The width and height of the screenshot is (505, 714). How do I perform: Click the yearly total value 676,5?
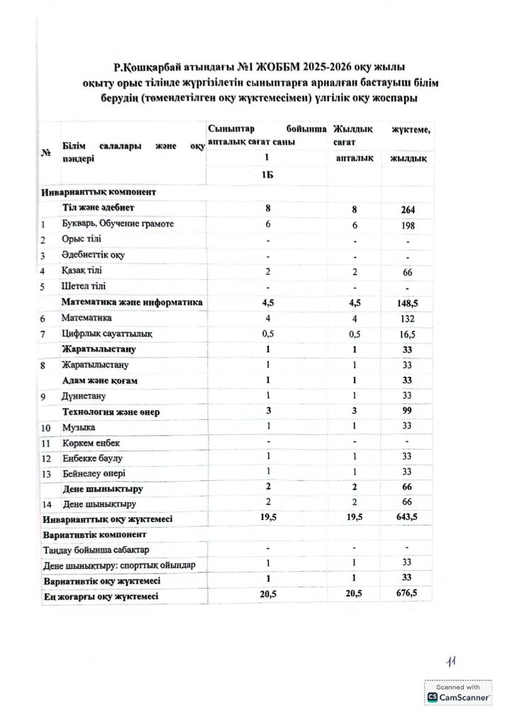pos(407,597)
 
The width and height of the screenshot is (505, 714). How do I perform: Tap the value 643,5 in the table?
pos(407,518)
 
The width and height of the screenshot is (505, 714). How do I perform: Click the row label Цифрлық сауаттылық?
pos(104,334)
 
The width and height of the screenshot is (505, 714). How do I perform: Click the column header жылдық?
pos(407,159)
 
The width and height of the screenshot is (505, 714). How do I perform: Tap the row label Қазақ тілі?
pos(82,271)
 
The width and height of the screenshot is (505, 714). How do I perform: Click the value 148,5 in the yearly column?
pos(407,303)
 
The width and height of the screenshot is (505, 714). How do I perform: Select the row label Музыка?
pos(78,428)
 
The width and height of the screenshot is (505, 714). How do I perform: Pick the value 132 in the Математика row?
pos(407,319)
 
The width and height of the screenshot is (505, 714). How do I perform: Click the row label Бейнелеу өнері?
pos(93,472)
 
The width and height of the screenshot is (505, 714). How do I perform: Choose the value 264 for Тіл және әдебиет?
pos(407,210)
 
